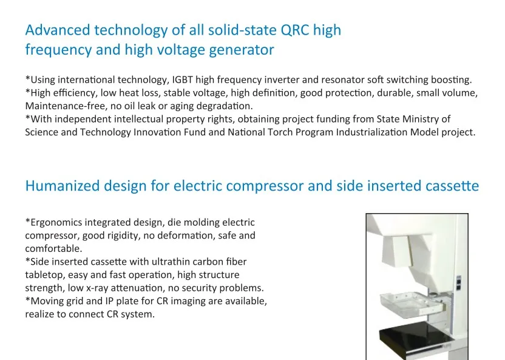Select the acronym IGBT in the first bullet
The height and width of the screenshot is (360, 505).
click(x=182, y=80)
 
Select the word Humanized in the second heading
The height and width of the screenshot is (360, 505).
click(x=63, y=186)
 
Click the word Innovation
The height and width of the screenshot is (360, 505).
click(x=157, y=132)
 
